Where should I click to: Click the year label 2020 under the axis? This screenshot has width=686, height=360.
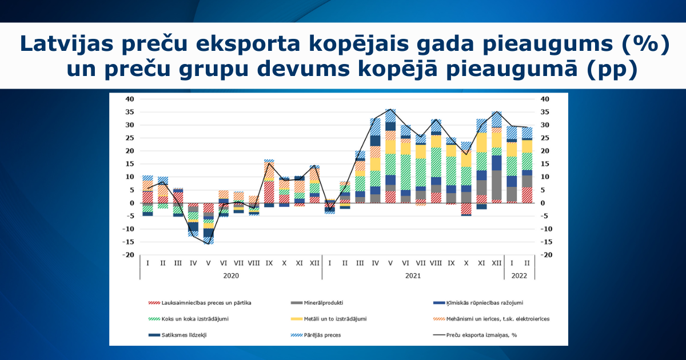pos(231,275)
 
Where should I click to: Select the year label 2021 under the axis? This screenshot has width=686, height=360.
pos(412,275)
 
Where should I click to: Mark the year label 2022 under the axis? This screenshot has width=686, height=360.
pos(520,275)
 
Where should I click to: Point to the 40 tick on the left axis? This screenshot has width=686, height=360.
pos(130,99)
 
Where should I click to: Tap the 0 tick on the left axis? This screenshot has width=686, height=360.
pos(132,203)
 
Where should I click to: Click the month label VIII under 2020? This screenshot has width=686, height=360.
pos(253,263)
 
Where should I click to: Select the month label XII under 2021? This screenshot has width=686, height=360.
pos(496,263)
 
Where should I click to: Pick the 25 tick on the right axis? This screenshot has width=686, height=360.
pos(544,138)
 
